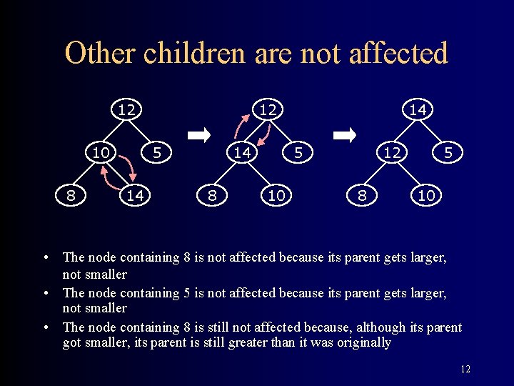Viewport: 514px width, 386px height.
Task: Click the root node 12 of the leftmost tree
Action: point(126,110)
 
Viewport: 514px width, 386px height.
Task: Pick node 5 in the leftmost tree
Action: point(157,152)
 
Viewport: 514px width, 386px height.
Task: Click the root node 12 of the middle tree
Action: point(268,110)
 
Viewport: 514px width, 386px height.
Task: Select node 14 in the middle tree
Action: point(242,152)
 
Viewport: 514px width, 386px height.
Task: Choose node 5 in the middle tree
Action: point(299,152)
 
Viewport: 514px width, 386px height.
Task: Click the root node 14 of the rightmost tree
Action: point(417,110)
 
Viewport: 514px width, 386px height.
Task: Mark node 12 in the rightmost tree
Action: point(390,152)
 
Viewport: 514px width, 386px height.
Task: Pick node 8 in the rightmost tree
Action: point(363,195)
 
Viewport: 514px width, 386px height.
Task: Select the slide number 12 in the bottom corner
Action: point(465,370)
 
